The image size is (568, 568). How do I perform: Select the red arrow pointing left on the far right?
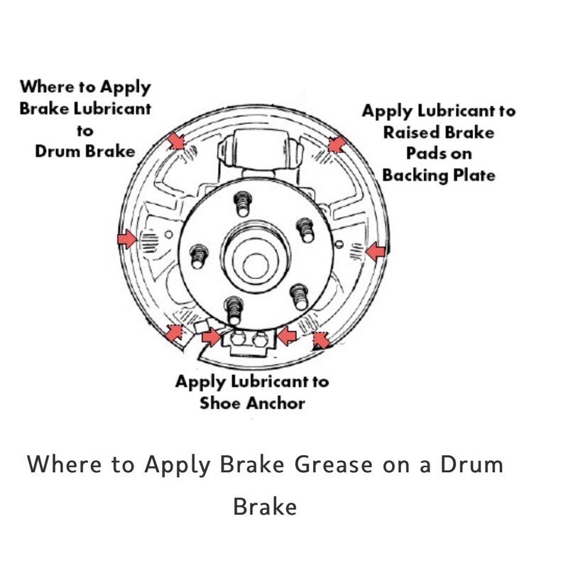click(376, 250)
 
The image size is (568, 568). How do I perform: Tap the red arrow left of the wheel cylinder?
click(175, 141)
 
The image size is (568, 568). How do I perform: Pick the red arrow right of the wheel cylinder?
click(337, 144)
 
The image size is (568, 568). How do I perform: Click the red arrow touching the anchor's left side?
click(210, 337)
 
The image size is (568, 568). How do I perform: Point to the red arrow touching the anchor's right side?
click(286, 335)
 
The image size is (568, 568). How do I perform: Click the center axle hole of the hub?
click(255, 265)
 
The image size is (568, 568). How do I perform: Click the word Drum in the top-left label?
click(60, 151)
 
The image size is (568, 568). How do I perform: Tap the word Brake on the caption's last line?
click(264, 507)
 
